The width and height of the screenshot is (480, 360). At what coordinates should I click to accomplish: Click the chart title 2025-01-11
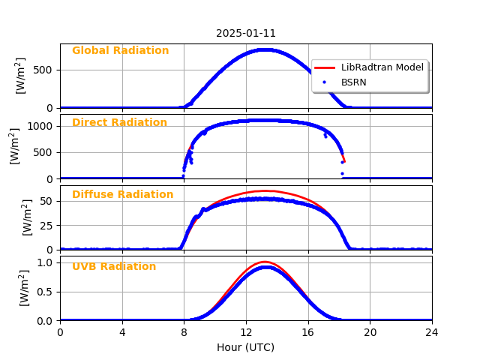point(246,33)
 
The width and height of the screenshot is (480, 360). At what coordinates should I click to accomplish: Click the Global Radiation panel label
point(120,51)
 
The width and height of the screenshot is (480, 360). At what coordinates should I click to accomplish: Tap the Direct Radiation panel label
point(119,123)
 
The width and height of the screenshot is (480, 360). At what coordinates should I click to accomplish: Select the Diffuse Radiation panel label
point(122,195)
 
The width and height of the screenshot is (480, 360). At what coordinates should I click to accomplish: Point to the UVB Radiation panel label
point(114,267)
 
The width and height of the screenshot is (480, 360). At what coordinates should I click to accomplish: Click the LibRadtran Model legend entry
point(382,67)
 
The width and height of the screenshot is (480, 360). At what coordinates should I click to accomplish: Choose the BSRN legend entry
point(354,82)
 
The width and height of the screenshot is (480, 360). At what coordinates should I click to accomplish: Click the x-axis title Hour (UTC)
point(246,347)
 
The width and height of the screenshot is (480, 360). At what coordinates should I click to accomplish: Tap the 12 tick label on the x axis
point(246,332)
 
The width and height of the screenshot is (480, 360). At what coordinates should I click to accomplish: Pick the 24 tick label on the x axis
point(432,332)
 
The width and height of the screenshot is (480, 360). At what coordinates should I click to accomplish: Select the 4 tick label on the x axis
point(122,332)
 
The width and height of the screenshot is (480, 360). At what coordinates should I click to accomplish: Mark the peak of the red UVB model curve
point(264,262)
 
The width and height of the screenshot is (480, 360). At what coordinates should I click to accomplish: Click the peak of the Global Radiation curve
point(264,49)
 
